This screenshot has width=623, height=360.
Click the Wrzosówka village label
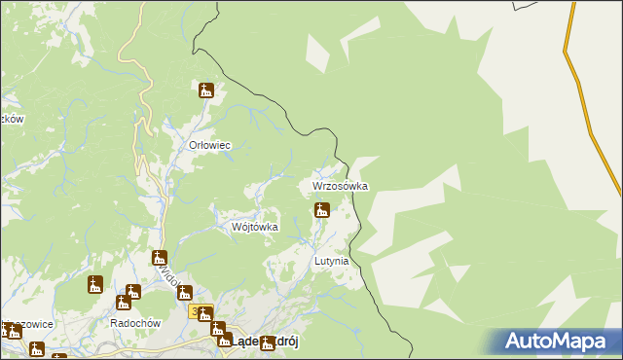click(340, 185)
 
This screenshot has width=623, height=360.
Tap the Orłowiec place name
click(208, 145)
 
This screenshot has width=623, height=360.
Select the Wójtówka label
click(254, 227)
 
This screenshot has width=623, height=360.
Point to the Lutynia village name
click(331, 262)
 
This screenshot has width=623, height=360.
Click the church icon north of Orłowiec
click(205, 91)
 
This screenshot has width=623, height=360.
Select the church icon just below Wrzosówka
click(321, 210)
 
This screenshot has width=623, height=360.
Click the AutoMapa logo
click(556, 342)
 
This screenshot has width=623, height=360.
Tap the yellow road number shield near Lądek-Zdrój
click(197, 312)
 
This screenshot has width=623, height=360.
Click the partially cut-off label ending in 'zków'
click(12, 119)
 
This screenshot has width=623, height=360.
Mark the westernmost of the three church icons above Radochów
click(94, 285)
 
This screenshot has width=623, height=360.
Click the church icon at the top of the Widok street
click(160, 259)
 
